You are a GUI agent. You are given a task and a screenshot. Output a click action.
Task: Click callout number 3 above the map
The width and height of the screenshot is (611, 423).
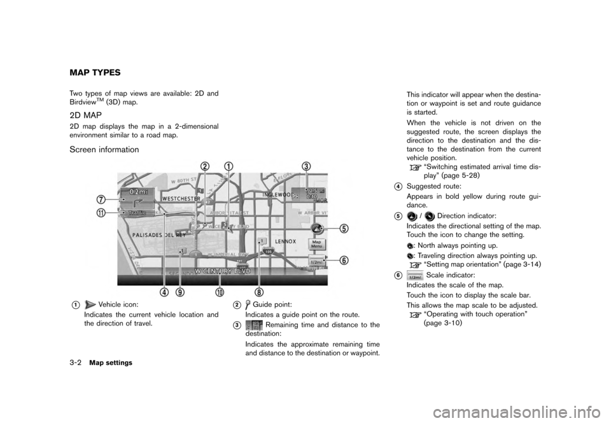click(306, 166)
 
